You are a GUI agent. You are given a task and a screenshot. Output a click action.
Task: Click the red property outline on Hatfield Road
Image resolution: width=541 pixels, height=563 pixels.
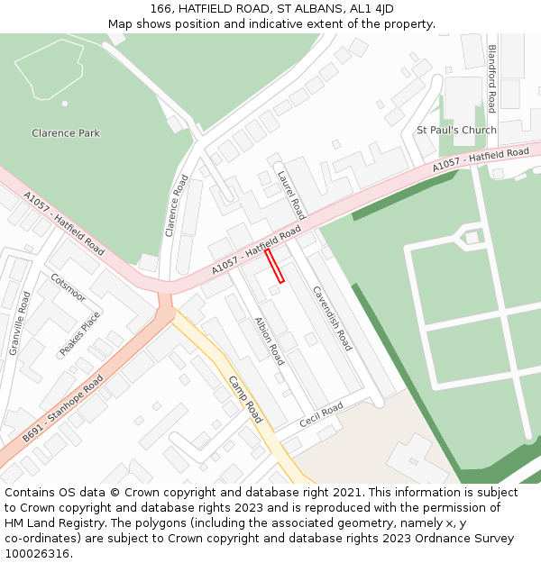click(274, 266)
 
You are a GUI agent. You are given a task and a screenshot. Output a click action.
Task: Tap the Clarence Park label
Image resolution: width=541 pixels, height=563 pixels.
click(66, 133)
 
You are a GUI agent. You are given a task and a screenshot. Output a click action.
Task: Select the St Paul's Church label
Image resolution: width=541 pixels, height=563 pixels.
click(456, 130)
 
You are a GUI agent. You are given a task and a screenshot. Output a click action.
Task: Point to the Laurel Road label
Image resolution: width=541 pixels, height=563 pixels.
click(291, 195)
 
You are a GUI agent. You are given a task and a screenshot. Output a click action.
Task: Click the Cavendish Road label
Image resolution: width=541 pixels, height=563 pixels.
click(332, 317)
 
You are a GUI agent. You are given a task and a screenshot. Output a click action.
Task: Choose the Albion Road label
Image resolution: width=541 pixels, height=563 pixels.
click(269, 341)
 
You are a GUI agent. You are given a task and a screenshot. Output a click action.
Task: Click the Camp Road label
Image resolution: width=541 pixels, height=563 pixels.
click(245, 399)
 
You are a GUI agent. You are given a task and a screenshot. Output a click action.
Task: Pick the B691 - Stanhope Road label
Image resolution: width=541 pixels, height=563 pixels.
click(63, 409)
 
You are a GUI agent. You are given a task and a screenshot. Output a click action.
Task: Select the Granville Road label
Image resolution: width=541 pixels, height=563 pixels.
click(19, 322)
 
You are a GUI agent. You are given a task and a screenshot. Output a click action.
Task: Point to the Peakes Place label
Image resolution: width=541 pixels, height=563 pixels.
click(80, 333)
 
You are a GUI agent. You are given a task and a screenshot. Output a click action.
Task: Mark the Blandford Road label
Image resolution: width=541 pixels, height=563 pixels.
click(491, 78)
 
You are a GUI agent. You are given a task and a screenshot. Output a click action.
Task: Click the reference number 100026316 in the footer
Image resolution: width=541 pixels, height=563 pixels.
click(38, 553)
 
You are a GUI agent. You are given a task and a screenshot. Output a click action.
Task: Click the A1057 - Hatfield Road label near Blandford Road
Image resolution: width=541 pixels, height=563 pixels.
click(481, 159)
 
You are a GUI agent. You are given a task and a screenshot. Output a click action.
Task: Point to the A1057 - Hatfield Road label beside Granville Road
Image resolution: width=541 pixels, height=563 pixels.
click(64, 221)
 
